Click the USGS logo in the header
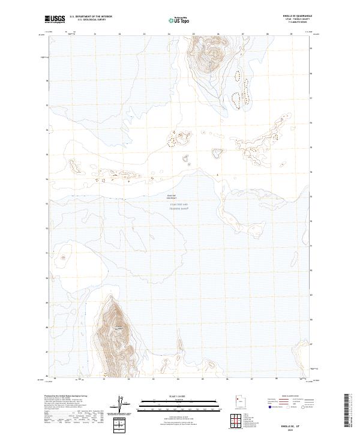[x=55, y=19]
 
